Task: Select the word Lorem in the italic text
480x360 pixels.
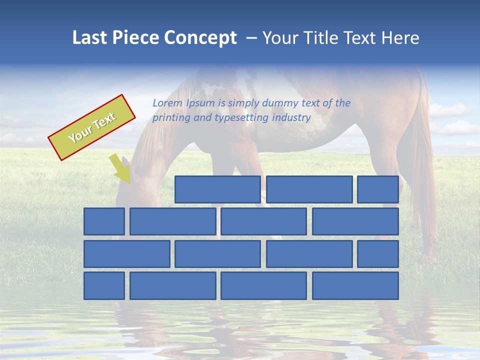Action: click(x=167, y=103)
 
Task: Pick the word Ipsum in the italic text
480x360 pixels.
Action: click(x=201, y=103)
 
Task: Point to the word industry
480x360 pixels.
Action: click(x=291, y=118)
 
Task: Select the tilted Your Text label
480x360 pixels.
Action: click(x=92, y=127)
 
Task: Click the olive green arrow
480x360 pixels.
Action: click(x=120, y=168)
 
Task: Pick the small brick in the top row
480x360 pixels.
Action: click(x=377, y=189)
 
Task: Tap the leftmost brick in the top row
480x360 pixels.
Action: click(x=217, y=189)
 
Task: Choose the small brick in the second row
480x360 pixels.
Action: click(x=104, y=221)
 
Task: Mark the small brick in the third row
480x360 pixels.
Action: click(x=377, y=254)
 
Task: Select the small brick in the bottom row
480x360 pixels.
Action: click(x=104, y=286)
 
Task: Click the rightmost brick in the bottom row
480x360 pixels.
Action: click(x=355, y=286)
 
